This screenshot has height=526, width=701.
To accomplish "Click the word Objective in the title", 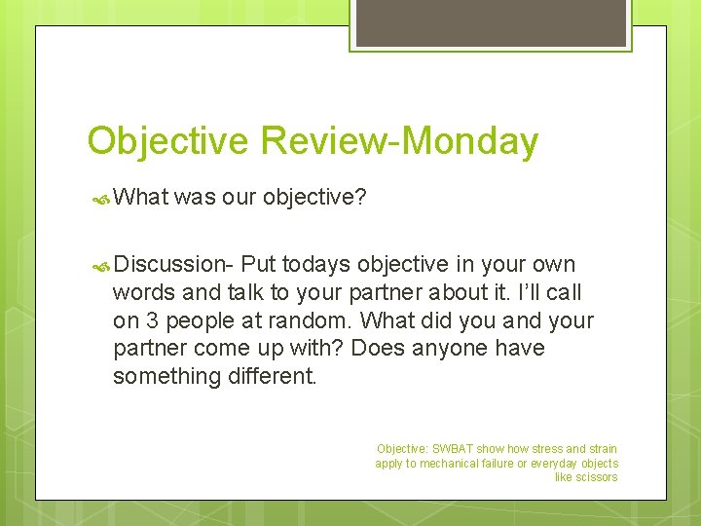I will [x=168, y=141].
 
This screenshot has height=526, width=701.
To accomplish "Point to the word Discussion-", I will [x=173, y=264].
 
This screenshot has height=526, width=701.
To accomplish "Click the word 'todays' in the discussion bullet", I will [x=316, y=264].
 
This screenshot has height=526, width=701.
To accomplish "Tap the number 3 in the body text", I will [x=148, y=320].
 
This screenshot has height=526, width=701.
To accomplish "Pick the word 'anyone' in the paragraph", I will [x=457, y=348].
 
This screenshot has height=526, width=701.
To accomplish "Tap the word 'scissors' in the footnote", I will [x=598, y=477].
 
